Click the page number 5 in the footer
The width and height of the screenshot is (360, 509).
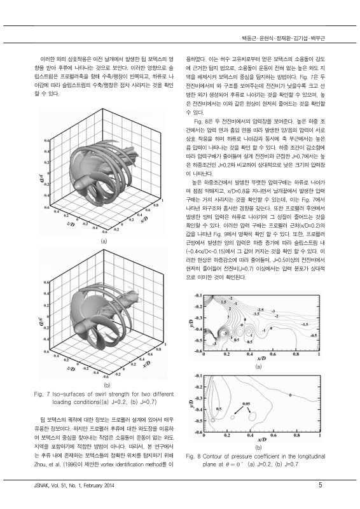pyautogui.click(x=320, y=486)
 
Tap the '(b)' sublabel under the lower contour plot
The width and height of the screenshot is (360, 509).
pyautogui.click(x=258, y=447)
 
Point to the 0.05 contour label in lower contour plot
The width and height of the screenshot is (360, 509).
pyautogui.click(x=246, y=403)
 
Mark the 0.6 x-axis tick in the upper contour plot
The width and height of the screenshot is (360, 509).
pyautogui.click(x=273, y=354)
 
